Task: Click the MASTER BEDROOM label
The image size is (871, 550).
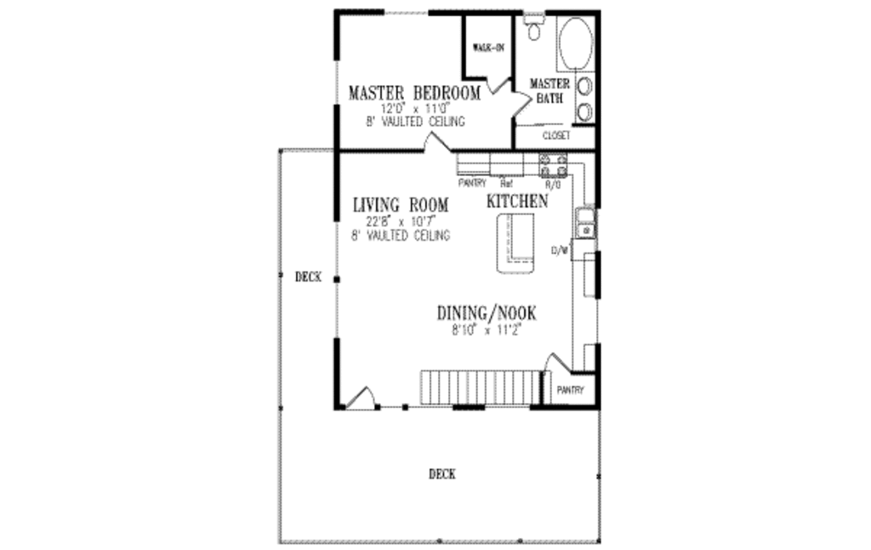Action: [414, 93]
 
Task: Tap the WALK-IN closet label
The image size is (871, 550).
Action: [488, 48]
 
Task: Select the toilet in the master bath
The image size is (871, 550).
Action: [535, 31]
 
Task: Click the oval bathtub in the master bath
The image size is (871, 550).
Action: [577, 44]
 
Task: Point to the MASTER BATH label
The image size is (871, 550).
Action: [549, 90]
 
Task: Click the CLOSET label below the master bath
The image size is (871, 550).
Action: [555, 136]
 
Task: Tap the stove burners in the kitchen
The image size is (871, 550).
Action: [552, 163]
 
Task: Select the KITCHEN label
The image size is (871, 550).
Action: [516, 201]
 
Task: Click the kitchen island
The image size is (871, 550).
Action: [516, 243]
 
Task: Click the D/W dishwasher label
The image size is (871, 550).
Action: [559, 251]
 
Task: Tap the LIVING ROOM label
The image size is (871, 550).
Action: [400, 206]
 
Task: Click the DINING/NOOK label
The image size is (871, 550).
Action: [487, 313]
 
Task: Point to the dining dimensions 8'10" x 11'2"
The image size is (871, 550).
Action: [487, 330]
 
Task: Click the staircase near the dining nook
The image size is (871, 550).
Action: [481, 388]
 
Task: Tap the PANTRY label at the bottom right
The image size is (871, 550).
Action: [570, 390]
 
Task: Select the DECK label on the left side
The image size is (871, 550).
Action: [308, 277]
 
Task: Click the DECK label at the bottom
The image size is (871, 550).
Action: [441, 474]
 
